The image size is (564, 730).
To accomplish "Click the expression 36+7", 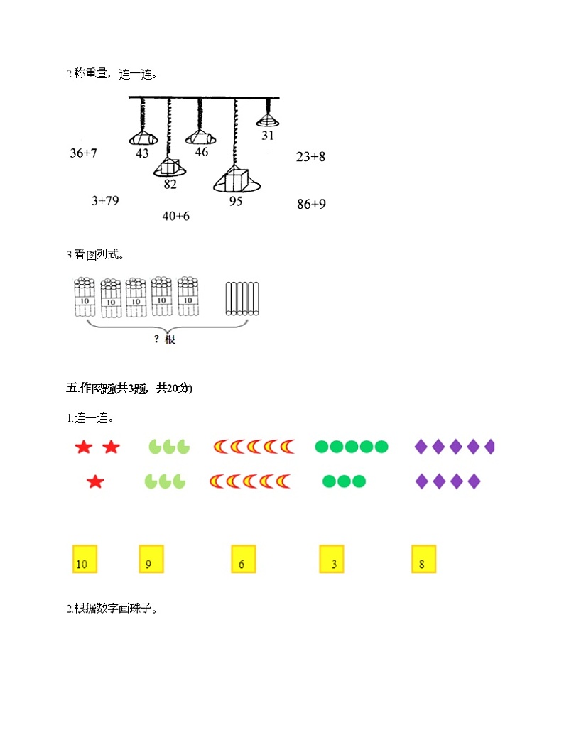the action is pyautogui.click(x=83, y=153).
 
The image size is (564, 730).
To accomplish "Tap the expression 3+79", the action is pyautogui.click(x=105, y=201).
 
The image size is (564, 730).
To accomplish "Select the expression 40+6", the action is pyautogui.click(x=175, y=216).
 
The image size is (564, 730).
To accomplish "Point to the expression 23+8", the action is pyautogui.click(x=310, y=157).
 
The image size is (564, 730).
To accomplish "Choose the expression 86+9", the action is pyautogui.click(x=311, y=204).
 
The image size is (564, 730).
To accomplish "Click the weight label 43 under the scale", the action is pyautogui.click(x=142, y=153).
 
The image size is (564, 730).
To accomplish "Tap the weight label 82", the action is pyautogui.click(x=170, y=185).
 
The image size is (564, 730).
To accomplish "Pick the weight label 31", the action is pyautogui.click(x=267, y=136).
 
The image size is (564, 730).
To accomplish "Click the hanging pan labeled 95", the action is pyautogui.click(x=237, y=180).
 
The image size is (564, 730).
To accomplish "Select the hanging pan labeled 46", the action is pyautogui.click(x=200, y=138).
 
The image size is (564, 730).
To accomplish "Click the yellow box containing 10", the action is pyautogui.click(x=85, y=559).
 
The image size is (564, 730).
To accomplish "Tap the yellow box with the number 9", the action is pyautogui.click(x=151, y=559).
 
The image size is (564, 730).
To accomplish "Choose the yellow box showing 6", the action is pyautogui.click(x=244, y=559).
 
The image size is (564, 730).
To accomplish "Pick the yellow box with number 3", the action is pyautogui.click(x=332, y=559).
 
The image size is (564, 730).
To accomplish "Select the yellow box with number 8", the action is pyautogui.click(x=424, y=559).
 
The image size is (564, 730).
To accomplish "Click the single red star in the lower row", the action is pyautogui.click(x=95, y=481).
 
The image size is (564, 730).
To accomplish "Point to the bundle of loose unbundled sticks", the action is pyautogui.click(x=242, y=298).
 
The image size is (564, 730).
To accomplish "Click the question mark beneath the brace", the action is pyautogui.click(x=156, y=339).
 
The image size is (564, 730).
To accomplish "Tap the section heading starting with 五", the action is pyautogui.click(x=129, y=388).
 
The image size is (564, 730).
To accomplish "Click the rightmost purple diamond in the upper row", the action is pyautogui.click(x=489, y=447).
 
